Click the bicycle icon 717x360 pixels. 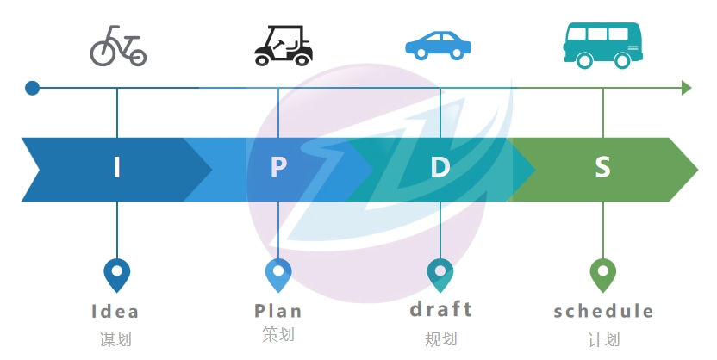point(118,47)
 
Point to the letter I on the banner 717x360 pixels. point(117,167)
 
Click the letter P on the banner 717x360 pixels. point(278,167)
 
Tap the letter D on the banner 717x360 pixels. point(440,167)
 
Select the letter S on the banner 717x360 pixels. point(602,167)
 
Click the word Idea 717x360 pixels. point(115,311)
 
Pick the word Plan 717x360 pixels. point(278,310)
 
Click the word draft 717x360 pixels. point(441,308)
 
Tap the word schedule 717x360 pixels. point(603,311)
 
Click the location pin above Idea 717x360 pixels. point(116,275)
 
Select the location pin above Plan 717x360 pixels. point(278,275)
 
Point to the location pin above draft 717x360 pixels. point(440,275)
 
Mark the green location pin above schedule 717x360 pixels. point(602,275)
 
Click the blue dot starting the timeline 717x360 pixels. point(32,88)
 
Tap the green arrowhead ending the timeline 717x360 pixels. point(686,88)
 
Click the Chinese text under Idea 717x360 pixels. point(115,338)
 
